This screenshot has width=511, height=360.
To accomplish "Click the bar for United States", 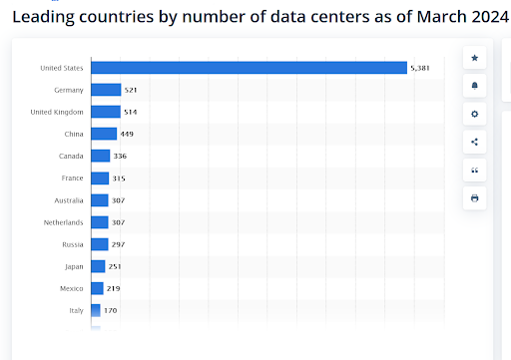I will (x=249, y=68).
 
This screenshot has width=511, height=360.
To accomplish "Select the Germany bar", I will (x=106, y=90).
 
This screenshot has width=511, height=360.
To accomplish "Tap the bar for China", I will (x=104, y=134).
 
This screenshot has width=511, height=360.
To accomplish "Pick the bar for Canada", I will (x=100, y=156).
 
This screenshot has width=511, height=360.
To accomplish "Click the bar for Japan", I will (x=98, y=266).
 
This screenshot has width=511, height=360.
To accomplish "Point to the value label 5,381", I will (x=422, y=68).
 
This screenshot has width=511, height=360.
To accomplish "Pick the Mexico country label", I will (x=70, y=288).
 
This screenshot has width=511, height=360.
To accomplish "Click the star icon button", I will (x=474, y=58).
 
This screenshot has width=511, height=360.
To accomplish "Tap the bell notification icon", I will (x=474, y=86).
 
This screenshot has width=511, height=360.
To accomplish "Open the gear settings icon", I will (x=474, y=114).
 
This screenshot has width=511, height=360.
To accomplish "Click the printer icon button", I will (x=474, y=197).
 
